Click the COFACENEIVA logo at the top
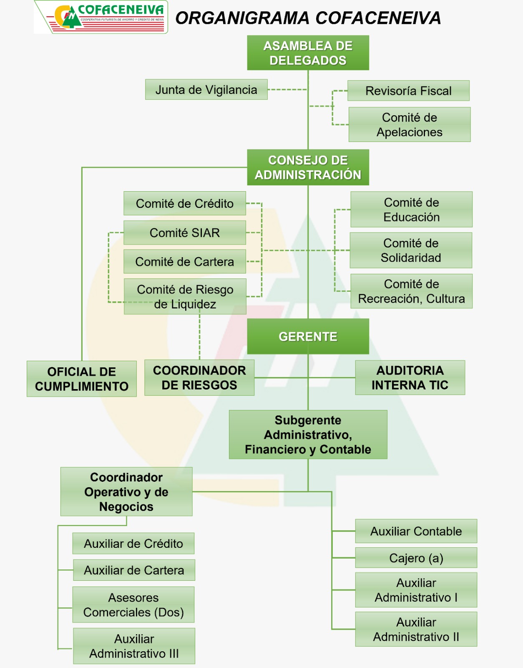pyautogui.click(x=101, y=17)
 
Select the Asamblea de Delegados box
pyautogui.click(x=308, y=53)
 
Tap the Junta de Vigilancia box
pyautogui.click(x=206, y=90)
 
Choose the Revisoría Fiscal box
pyautogui.click(x=408, y=91)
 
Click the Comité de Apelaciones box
pyautogui.click(x=410, y=124)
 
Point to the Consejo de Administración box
pyautogui.click(x=308, y=167)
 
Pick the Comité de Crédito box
pyautogui.click(x=185, y=203)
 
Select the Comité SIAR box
pyautogui.click(x=185, y=233)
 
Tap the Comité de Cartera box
pyautogui.click(x=185, y=262)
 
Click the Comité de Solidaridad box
pyautogui.click(x=411, y=250)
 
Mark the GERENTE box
pyautogui.click(x=308, y=337)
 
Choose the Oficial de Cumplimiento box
pyautogui.click(x=82, y=379)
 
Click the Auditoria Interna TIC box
pyautogui.click(x=410, y=377)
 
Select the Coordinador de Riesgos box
pyautogui.click(x=199, y=377)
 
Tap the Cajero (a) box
pyautogui.click(x=416, y=558)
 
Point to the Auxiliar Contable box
pyautogui.click(x=416, y=531)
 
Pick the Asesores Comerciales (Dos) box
pyautogui.click(x=133, y=605)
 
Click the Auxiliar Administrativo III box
pyautogui.click(x=134, y=646)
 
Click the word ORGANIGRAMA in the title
pyautogui.click(x=242, y=18)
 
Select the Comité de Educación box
pyautogui.click(x=411, y=210)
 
